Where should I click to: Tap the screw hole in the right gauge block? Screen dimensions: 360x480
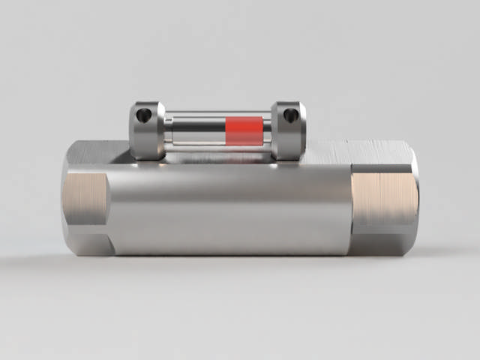pyautogui.click(x=291, y=114)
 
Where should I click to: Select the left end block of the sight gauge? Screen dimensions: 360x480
pyautogui.click(x=147, y=130)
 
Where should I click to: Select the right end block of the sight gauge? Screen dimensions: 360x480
pyautogui.click(x=288, y=130)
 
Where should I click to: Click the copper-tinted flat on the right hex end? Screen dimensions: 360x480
pyautogui.click(x=383, y=200)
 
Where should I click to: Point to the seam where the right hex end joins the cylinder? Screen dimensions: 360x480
pyautogui.click(x=351, y=202)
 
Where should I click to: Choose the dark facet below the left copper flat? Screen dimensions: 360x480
pyautogui.click(x=88, y=244)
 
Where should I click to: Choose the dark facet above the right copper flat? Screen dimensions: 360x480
pyautogui.click(x=382, y=160)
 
